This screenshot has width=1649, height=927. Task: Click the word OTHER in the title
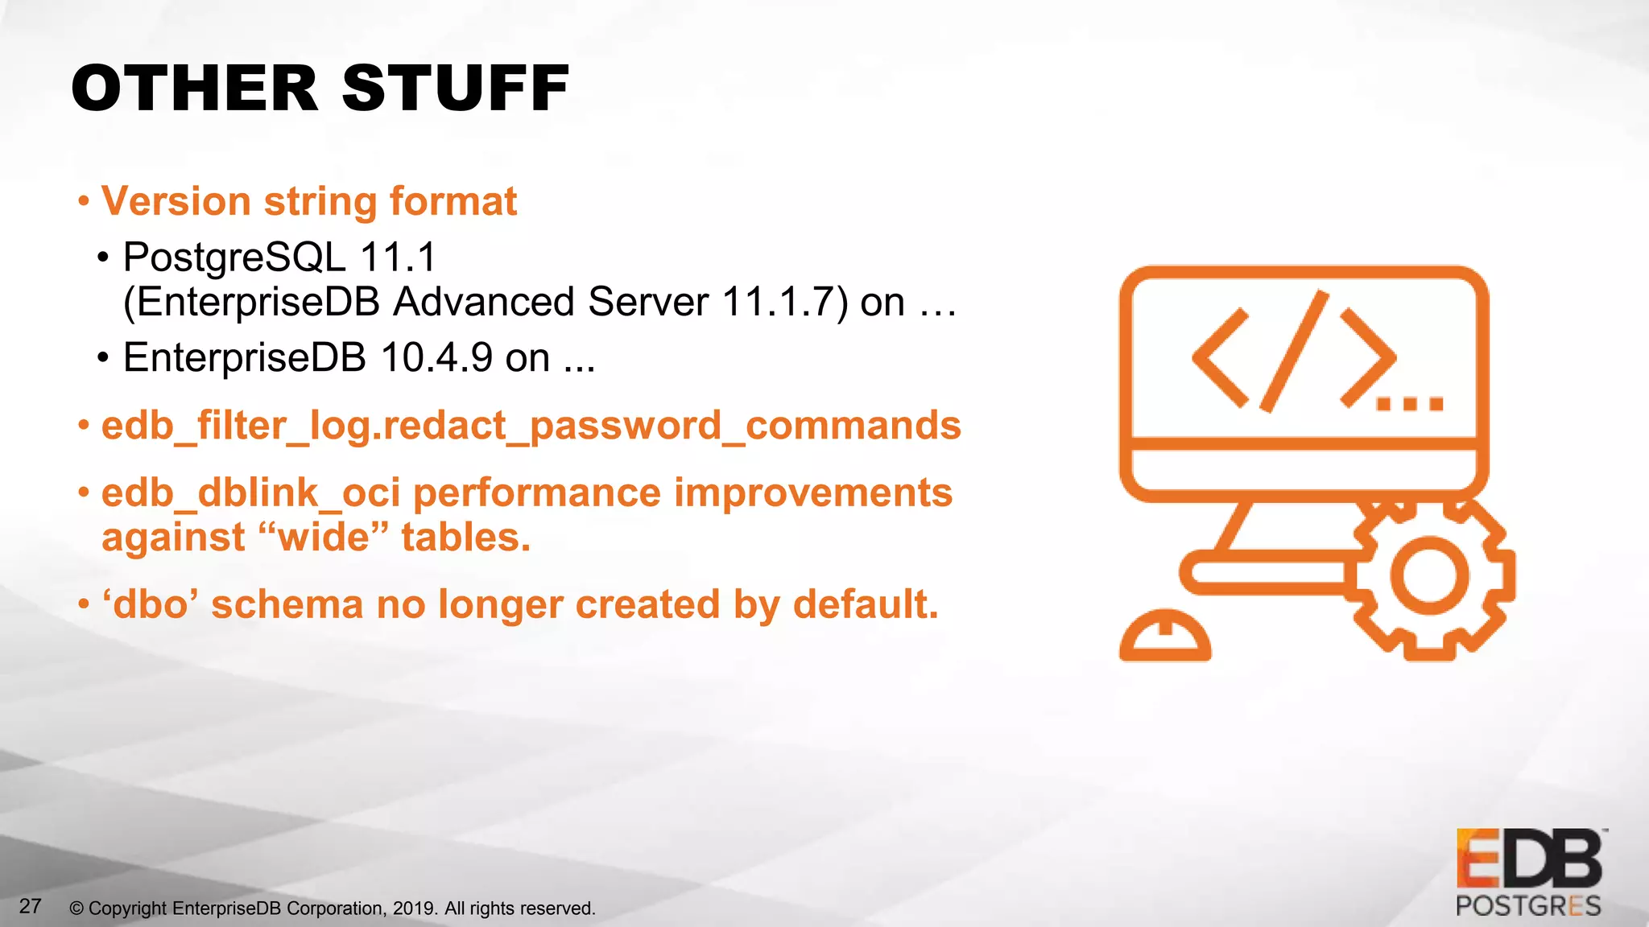(195, 88)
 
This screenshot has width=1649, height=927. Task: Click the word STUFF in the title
(456, 88)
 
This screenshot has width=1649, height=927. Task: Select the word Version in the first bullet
(176, 201)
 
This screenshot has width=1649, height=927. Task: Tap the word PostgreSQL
(234, 258)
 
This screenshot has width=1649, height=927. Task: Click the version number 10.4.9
(436, 357)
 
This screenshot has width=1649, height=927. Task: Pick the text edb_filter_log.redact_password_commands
(531, 425)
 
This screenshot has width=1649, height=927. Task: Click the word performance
(536, 492)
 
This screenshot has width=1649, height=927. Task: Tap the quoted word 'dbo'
(151, 604)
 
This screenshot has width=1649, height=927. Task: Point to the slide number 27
(30, 906)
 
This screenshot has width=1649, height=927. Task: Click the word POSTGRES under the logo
(1528, 906)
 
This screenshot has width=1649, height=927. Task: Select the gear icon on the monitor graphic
(1429, 575)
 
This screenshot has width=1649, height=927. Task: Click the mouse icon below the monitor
(1165, 637)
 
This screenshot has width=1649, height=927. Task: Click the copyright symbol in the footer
(76, 908)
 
